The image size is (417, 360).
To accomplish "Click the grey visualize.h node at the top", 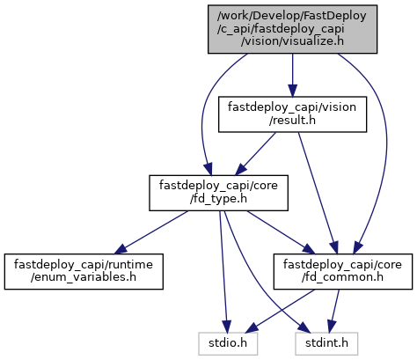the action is point(292,29).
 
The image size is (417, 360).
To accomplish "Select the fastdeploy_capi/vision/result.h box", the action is point(292,114).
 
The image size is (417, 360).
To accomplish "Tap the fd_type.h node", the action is point(218,193).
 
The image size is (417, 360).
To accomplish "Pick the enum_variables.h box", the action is point(84,271).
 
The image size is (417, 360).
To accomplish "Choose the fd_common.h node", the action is point(343,271).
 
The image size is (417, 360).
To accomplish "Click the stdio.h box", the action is point(228,343).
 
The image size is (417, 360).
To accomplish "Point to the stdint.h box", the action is point(326,343).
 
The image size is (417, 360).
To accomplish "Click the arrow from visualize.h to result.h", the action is point(292,75).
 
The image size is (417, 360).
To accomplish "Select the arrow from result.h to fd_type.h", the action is point(255,154).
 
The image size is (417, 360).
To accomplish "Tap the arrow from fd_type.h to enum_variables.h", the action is point(151,232).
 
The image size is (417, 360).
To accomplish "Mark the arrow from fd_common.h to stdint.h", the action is point(334,311).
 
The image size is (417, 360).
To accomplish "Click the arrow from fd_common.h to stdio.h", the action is point(280,311).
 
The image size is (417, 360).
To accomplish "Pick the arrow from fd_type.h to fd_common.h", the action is point(281,232).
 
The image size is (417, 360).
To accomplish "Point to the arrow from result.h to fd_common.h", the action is point(318,193).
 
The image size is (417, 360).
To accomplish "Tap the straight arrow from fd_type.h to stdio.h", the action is point(223,271).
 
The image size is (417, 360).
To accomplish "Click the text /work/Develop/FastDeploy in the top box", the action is point(292,16).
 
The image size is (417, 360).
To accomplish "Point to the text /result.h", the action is point(292,121).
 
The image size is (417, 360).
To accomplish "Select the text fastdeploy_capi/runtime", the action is point(84,265).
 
